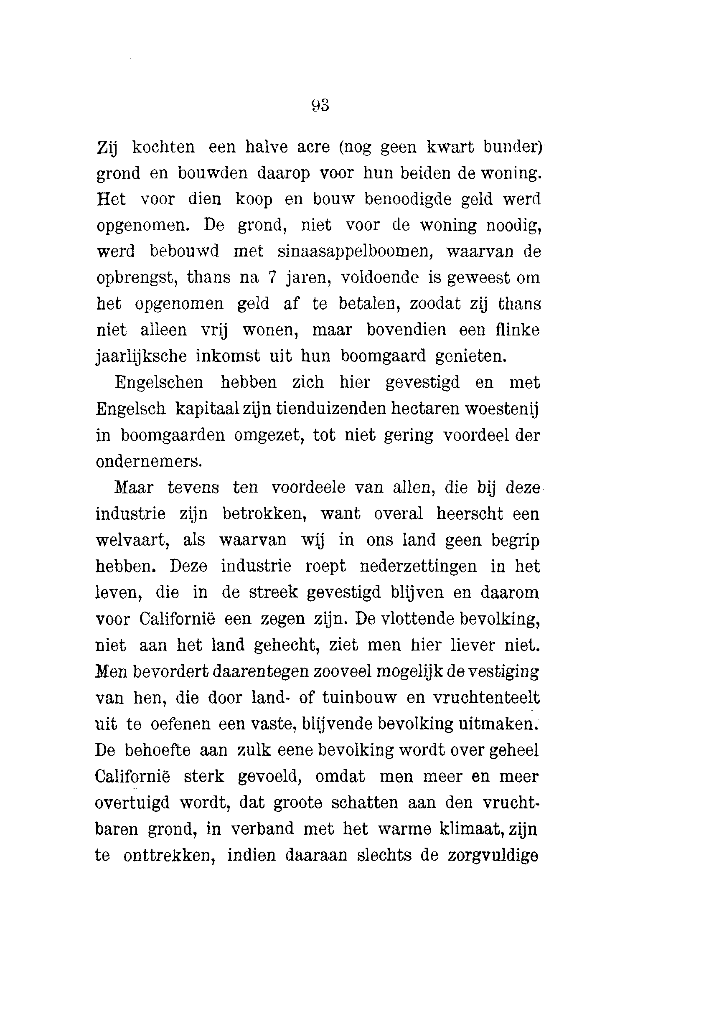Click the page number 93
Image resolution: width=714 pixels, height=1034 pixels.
click(x=320, y=106)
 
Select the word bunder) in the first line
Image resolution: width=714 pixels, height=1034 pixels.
click(x=513, y=147)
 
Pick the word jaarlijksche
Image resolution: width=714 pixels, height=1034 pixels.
click(x=141, y=356)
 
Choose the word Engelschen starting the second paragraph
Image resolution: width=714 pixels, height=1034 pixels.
click(x=159, y=382)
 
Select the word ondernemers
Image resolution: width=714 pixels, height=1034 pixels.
click(x=149, y=462)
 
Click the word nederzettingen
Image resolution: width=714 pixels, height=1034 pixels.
click(x=418, y=567)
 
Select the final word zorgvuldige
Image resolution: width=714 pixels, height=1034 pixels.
click(x=493, y=856)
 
